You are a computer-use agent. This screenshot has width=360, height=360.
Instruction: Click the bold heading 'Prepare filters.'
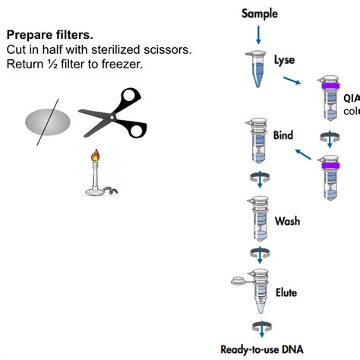50,35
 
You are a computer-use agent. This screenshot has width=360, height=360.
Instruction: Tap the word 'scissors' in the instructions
168,49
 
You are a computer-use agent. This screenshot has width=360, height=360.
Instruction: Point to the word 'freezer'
120,63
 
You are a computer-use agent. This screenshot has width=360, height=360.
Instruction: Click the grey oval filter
49,122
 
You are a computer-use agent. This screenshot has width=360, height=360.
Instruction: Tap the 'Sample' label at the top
260,14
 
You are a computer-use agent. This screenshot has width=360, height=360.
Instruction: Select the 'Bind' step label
283,136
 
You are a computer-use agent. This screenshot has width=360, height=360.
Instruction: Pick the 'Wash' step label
286,222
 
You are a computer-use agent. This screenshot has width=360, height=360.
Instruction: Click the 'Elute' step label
286,292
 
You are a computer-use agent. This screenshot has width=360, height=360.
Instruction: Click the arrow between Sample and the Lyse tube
260,33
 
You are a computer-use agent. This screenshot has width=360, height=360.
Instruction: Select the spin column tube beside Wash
258,220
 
